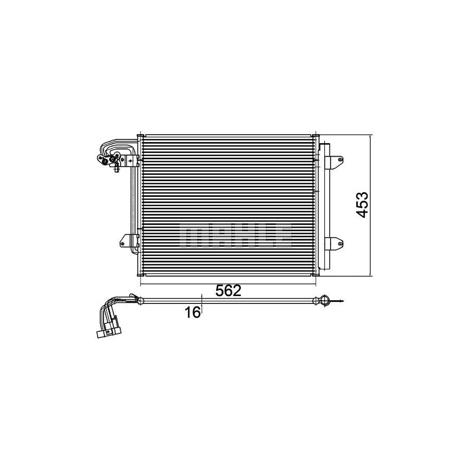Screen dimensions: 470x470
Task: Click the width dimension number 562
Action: point(229,291)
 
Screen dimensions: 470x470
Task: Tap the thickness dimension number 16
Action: point(193,312)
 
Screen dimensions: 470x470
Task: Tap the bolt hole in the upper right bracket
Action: point(339,159)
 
